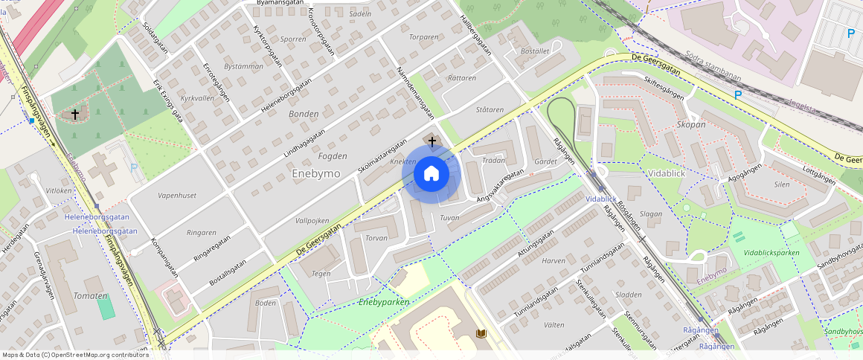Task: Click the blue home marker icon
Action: coord(431,174)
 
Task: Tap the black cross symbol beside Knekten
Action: coord(431,141)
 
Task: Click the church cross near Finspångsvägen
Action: coord(74,115)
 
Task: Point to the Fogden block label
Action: coord(333,156)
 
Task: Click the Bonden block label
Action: coord(304,114)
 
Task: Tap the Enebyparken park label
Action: coord(384,302)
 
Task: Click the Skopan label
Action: coord(691,124)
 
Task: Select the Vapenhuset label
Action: coord(177,195)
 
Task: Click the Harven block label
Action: coord(554,261)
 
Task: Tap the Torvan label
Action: coord(376,238)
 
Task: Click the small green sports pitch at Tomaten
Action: coord(106,307)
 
